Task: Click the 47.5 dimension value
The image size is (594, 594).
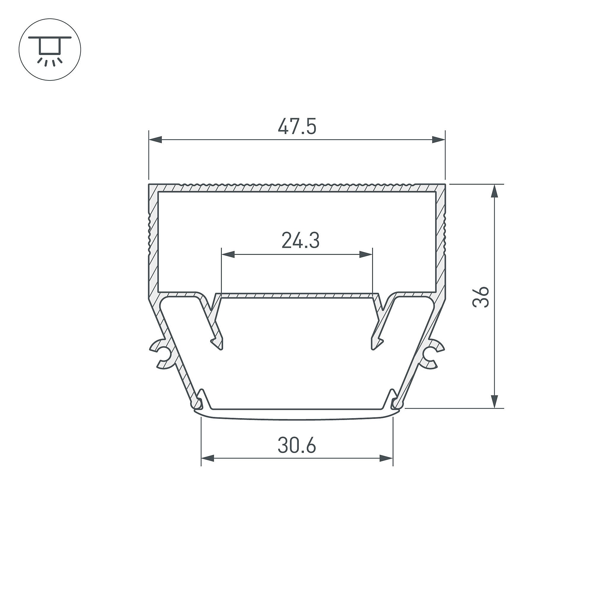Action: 297,126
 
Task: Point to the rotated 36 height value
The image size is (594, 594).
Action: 480,297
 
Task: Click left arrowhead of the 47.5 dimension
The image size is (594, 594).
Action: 155,140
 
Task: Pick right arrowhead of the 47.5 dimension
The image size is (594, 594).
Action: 438,140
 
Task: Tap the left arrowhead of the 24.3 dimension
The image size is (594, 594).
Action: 228,254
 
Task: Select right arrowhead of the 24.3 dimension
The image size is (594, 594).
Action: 366,254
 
